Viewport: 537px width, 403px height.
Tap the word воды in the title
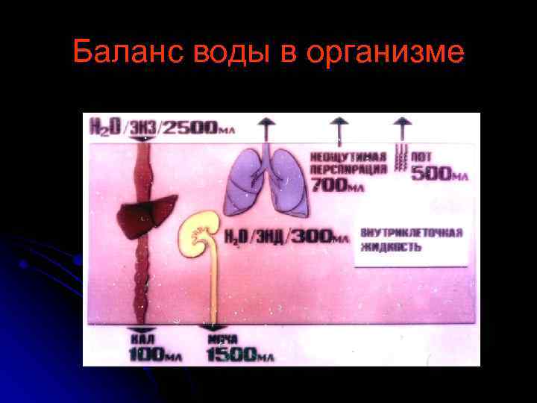point(223,53)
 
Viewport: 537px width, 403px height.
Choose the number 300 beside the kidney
point(310,237)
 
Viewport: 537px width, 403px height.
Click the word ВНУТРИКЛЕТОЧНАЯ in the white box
point(411,232)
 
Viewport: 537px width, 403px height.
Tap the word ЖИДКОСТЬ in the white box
point(392,246)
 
